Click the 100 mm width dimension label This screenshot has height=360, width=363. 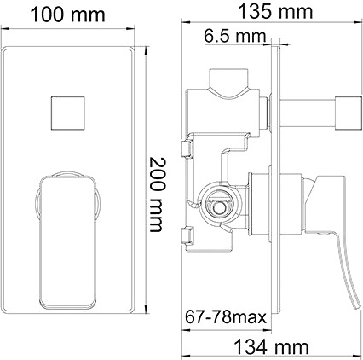coord(67,15)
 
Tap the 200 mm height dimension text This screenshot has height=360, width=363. coord(156,195)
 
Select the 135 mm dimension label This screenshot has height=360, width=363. coord(275,11)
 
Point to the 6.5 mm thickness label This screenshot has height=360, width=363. coord(235,37)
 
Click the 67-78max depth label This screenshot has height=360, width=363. coord(226,317)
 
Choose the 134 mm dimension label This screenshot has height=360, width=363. coord(271,347)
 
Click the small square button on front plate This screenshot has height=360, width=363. coord(68,113)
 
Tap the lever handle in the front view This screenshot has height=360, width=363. coord(67,213)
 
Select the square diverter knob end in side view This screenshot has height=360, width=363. coord(349,113)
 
